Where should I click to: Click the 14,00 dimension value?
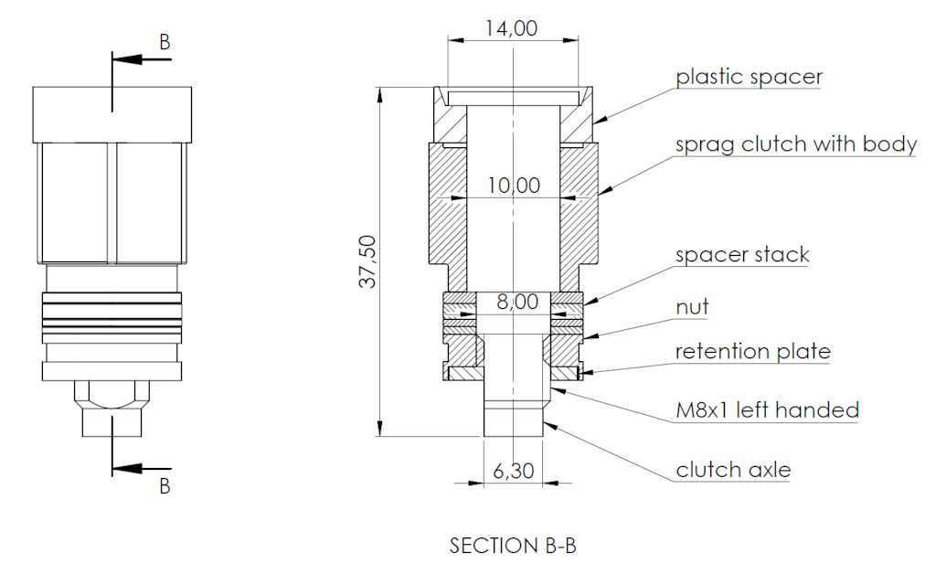tap(511, 27)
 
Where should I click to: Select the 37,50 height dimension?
tap(367, 261)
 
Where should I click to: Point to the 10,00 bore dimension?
tap(513, 186)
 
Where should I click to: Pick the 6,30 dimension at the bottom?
tap(513, 473)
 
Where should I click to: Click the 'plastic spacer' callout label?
tap(749, 77)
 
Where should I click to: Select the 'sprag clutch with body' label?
tap(795, 144)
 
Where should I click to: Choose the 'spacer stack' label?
tap(741, 254)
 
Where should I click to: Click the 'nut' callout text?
tap(692, 307)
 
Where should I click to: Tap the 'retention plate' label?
tap(752, 351)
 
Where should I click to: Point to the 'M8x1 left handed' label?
tap(767, 409)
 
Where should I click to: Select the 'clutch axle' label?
tap(733, 471)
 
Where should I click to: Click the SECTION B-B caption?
tap(513, 546)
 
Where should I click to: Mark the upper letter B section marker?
tap(165, 42)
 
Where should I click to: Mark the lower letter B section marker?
tap(165, 486)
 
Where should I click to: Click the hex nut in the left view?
tap(112, 396)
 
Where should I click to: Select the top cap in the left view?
tap(112, 114)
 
